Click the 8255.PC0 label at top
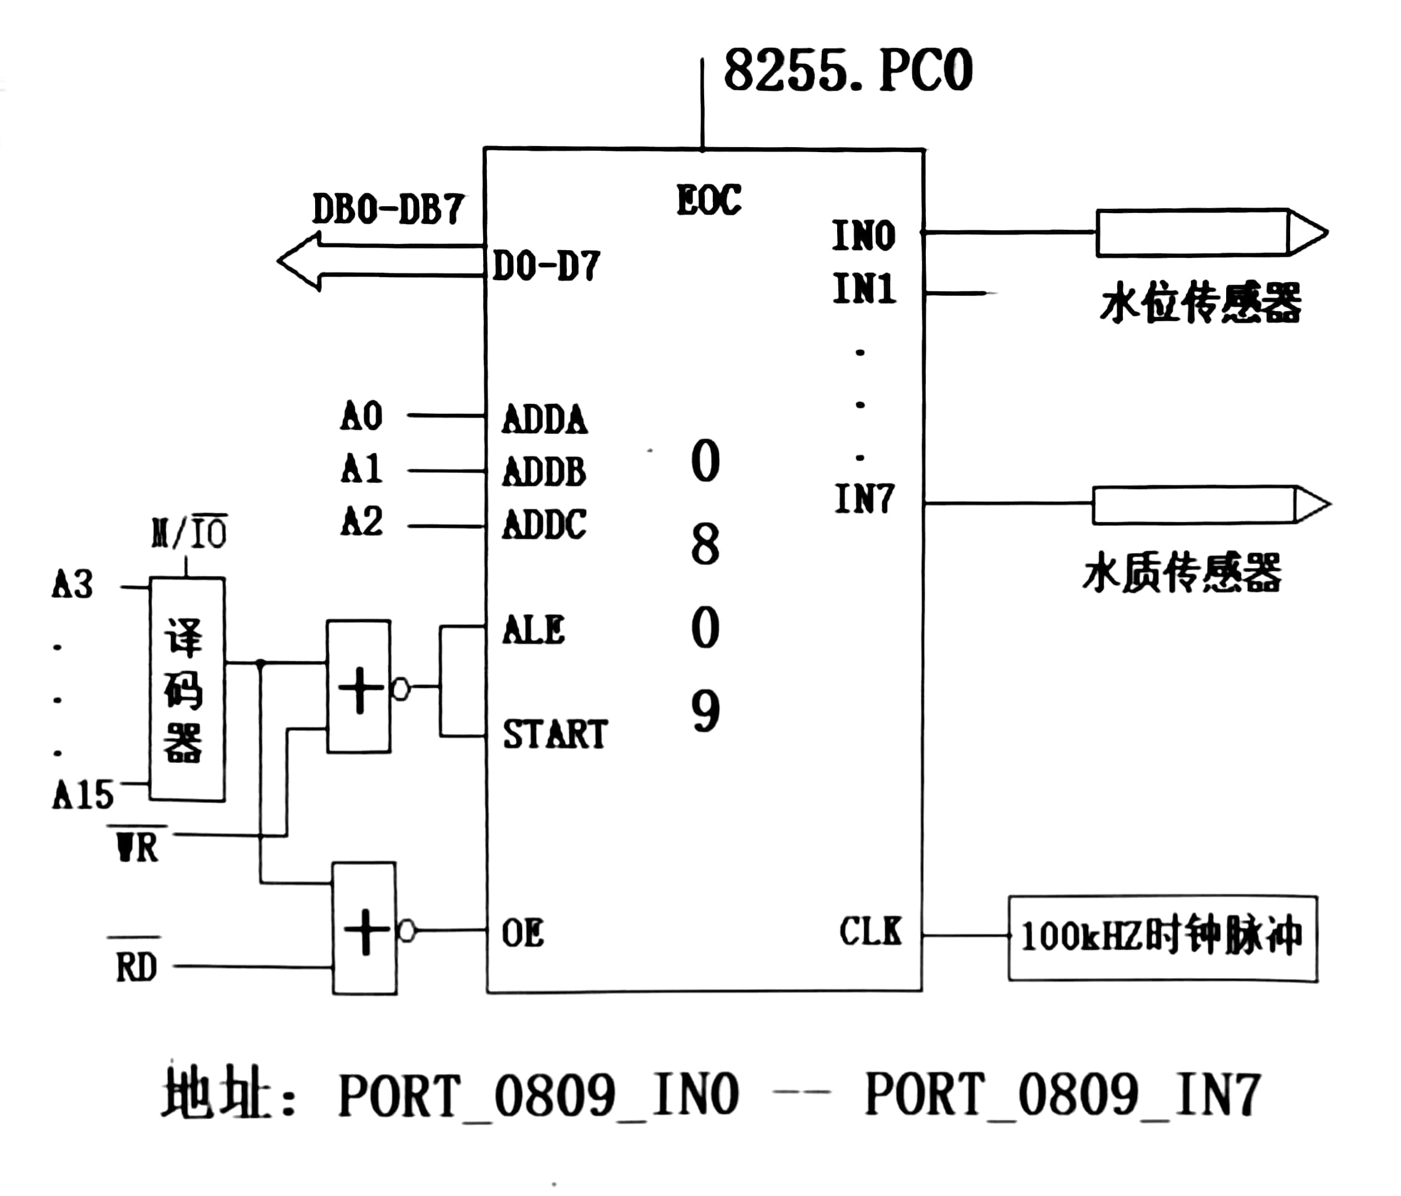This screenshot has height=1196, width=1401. click(848, 70)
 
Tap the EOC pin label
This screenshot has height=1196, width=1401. click(709, 200)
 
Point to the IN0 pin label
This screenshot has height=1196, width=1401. click(864, 235)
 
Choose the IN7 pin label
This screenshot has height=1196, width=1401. click(864, 499)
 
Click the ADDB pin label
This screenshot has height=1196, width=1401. click(544, 472)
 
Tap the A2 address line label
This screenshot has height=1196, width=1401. click(362, 522)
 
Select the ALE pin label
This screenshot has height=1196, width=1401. click(534, 630)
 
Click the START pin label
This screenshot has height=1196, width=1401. click(555, 734)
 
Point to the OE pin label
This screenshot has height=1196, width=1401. click(523, 934)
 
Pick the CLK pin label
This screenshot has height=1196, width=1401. click(870, 932)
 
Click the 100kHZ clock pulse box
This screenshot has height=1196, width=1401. click(1162, 939)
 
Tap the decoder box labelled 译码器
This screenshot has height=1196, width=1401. click(187, 689)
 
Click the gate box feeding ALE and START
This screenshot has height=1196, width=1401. click(358, 687)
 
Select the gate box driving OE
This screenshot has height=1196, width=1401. click(364, 929)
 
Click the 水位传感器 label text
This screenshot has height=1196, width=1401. click(1200, 302)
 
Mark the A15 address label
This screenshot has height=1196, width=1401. click(82, 795)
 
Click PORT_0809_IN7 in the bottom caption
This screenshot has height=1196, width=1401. click(1062, 1094)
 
